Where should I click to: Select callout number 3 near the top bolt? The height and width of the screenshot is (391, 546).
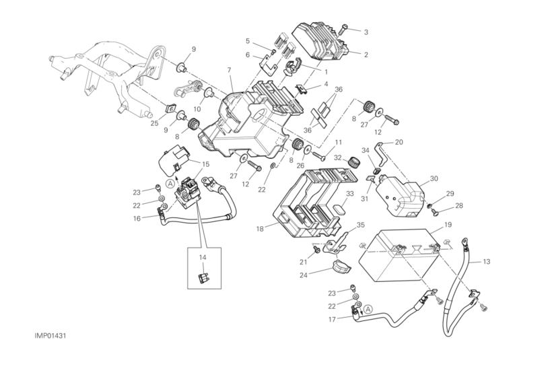pos(366,32)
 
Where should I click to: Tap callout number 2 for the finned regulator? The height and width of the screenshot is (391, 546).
pos(366,54)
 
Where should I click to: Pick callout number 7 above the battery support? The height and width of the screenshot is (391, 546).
pos(230,70)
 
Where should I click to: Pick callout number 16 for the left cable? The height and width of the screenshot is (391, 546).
pos(137,218)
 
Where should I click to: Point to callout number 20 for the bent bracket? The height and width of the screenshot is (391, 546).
pos(399,142)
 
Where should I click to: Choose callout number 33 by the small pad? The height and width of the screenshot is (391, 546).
pos(349,194)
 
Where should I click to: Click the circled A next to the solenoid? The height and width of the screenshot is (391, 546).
pos(170,182)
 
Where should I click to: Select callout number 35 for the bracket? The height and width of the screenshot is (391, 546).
pos(360,225)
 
